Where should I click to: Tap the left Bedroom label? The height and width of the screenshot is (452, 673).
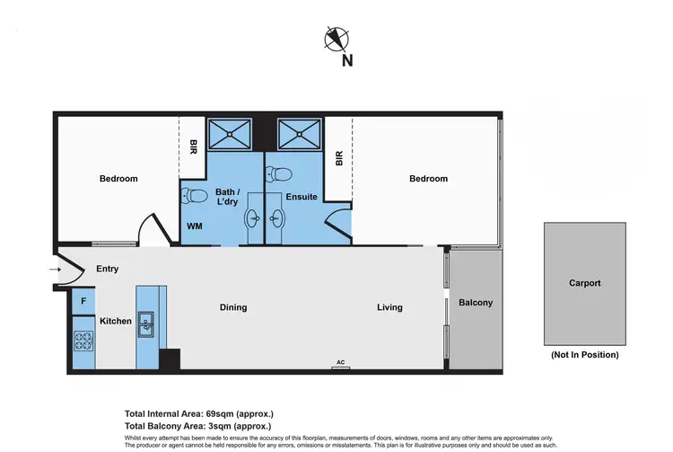(118, 179)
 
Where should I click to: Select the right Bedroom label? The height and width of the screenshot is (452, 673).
(428, 179)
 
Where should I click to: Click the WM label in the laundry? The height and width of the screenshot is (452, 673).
(194, 226)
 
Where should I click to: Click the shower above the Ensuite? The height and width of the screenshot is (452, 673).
(294, 135)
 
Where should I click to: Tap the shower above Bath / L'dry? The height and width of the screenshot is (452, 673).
(230, 135)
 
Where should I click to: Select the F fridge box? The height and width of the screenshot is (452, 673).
(83, 301)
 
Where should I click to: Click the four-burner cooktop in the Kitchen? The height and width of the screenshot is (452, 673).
(83, 341)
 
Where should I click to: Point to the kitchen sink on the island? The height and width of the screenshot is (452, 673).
(146, 323)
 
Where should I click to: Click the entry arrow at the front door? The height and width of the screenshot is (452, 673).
(56, 269)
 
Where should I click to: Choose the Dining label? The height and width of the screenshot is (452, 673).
(233, 307)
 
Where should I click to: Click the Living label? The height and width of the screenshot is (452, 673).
(389, 307)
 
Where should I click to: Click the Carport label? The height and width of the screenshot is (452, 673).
(584, 283)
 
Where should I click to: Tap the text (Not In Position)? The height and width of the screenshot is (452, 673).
(584, 355)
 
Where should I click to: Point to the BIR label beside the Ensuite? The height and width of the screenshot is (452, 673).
(339, 158)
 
